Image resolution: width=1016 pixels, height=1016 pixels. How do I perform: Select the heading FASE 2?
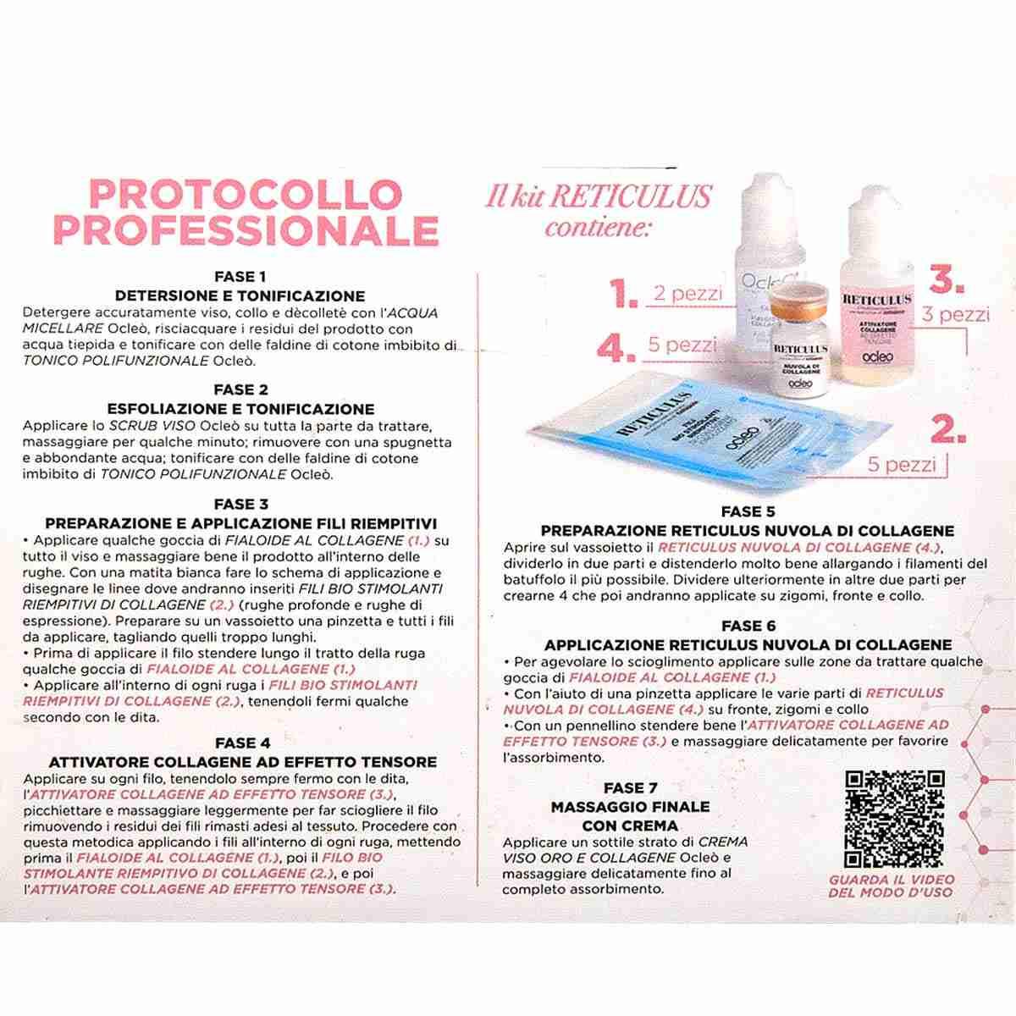pos(241,390)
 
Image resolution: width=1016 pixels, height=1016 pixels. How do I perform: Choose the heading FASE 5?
pos(748,511)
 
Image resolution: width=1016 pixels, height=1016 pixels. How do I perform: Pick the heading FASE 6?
pos(748,626)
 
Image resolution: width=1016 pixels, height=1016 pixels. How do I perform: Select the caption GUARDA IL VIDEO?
pos(890,880)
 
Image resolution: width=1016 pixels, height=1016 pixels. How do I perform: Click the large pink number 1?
pos(623,294)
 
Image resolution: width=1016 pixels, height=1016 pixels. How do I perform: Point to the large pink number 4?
pos(616,347)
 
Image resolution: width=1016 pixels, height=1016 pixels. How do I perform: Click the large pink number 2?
pos(948,429)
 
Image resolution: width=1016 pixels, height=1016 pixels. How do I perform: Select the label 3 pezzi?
pos(955,315)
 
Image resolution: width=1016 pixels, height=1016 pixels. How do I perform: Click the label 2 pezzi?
pos(687,294)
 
